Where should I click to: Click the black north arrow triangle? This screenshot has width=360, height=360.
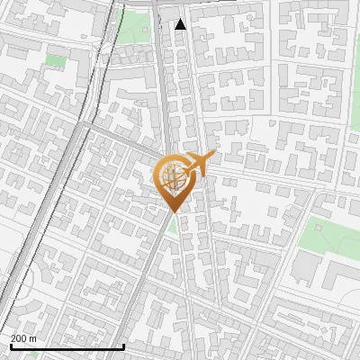(181, 24)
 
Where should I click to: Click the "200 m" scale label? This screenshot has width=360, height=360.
(23, 338)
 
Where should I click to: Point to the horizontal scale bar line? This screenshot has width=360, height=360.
(67, 346)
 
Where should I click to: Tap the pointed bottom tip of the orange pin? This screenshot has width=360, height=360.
(172, 211)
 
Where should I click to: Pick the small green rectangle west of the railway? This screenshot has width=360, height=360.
(57, 61)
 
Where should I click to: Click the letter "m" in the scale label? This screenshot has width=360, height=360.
(33, 338)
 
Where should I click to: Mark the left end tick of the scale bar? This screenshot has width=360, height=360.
(12, 345)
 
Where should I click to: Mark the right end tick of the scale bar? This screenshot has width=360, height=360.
(123, 345)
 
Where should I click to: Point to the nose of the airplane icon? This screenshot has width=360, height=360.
(213, 156)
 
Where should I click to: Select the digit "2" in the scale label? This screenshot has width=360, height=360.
(13, 338)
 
